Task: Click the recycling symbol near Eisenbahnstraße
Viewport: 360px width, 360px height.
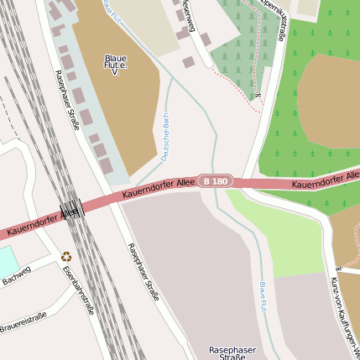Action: (66, 255)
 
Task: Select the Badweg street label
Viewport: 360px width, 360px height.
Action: (17, 274)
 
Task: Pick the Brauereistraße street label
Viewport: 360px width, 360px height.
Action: (23, 321)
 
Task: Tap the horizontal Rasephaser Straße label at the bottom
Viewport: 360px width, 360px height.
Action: (232, 352)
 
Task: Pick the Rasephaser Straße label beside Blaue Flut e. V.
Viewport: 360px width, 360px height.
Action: (66, 99)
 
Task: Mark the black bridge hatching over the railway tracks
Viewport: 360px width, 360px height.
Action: (74, 210)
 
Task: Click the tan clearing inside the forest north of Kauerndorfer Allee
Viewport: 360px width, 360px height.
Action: (331, 101)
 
